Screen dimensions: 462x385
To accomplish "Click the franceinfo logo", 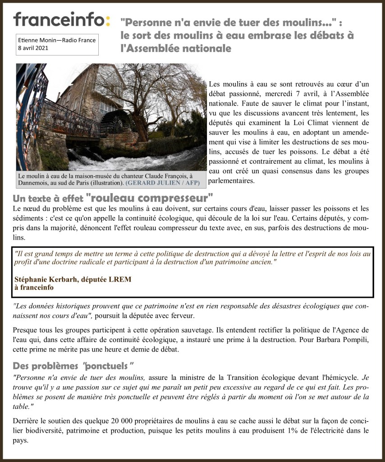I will [x=61, y=19].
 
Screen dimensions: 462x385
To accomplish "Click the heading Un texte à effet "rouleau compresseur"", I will [x=113, y=198].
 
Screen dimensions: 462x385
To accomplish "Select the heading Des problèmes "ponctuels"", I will [x=73, y=365].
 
